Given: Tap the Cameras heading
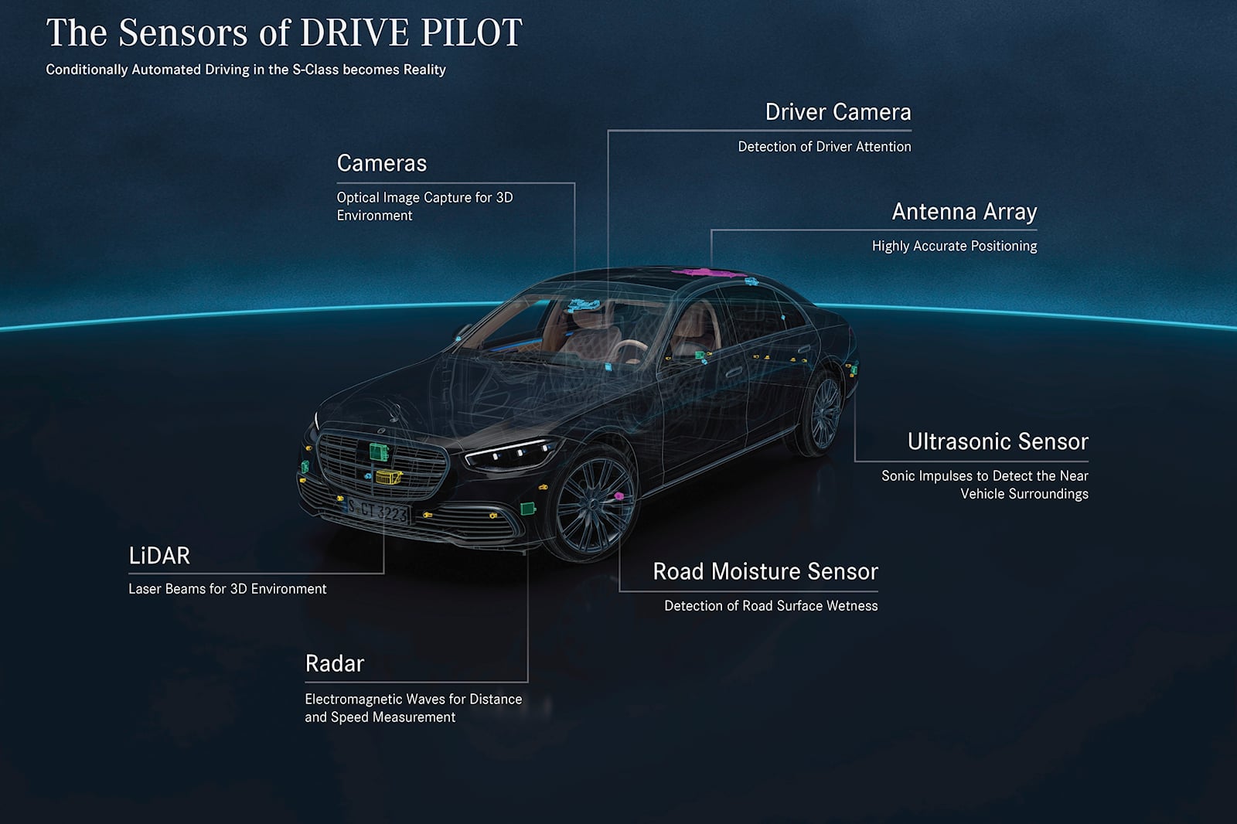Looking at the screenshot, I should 381,163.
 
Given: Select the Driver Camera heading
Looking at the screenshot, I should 837,112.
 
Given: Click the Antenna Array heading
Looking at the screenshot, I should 963,212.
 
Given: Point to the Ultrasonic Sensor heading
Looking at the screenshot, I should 997,441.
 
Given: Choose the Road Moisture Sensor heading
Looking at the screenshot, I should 765,571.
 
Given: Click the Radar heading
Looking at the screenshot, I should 334,663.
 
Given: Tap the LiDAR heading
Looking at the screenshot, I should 158,555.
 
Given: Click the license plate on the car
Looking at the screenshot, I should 377,510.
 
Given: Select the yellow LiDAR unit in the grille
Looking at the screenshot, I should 388,477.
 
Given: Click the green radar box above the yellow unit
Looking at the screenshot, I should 379,451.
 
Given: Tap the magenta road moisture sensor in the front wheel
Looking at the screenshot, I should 618,495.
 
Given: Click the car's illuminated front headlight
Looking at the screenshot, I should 510,454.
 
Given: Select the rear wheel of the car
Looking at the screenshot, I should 823,413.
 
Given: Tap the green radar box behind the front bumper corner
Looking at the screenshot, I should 528,508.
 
